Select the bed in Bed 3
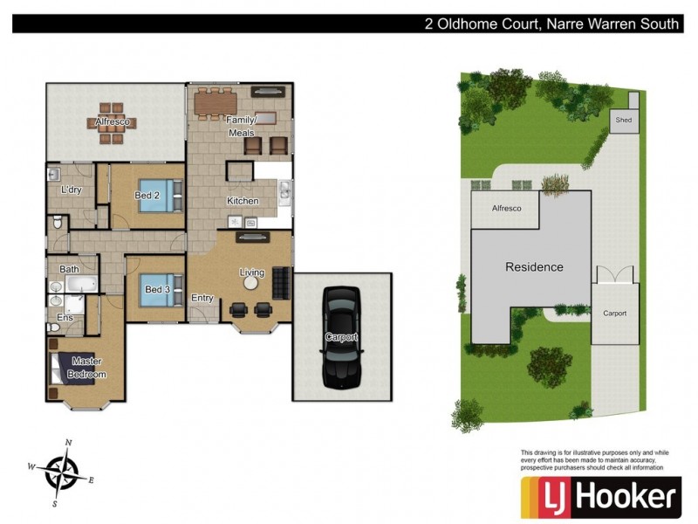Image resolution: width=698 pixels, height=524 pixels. (161, 288)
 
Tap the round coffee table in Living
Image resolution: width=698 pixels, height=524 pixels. (252, 283)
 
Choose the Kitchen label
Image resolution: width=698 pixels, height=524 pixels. (243, 201)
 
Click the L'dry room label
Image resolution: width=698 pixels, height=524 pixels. (71, 190)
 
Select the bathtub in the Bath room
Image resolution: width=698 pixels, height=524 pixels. (84, 285)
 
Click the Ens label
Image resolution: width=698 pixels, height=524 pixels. (64, 318)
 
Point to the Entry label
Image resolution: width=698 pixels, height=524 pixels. (202, 298)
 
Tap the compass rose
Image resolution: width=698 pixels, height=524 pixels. (62, 472)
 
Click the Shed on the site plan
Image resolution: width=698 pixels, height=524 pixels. (624, 121)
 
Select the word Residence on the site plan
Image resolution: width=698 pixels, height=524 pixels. (534, 267)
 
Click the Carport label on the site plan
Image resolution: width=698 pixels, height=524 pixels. (614, 314)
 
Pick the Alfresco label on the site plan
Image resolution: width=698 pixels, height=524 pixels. (507, 209)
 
